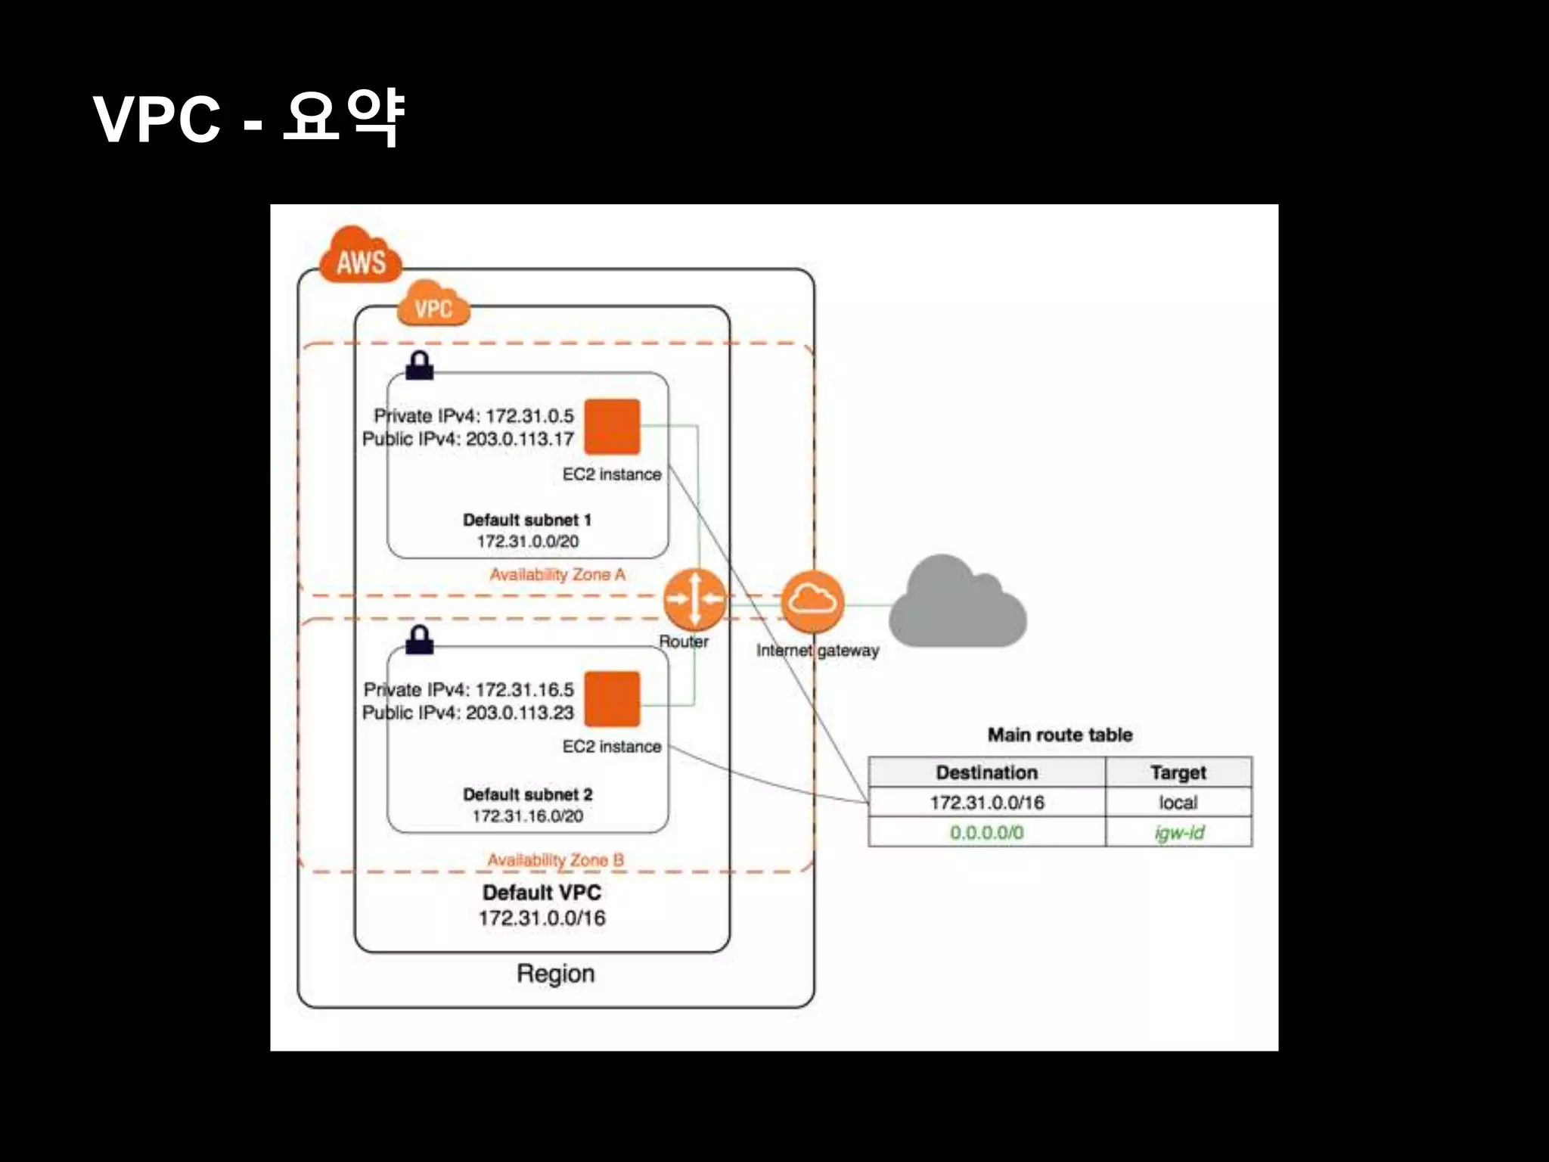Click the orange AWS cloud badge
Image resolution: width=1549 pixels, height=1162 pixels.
coord(361,257)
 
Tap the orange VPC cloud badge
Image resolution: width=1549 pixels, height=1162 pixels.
coord(433,304)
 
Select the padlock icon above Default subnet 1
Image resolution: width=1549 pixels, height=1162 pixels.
coord(420,365)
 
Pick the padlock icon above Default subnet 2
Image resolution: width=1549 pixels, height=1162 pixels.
coord(420,639)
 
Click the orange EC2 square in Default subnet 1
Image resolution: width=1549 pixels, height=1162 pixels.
coord(612,427)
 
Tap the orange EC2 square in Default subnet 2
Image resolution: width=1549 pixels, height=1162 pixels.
coord(612,699)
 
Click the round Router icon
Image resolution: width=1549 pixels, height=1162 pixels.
coord(694,599)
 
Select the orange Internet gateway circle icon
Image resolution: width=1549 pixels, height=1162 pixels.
coord(812,601)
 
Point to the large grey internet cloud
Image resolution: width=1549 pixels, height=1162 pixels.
coord(957,605)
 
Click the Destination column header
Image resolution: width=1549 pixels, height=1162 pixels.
coord(986,772)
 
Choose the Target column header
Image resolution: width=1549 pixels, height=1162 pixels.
coord(1178,772)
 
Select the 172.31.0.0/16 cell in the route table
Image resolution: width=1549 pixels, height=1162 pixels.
coord(986,803)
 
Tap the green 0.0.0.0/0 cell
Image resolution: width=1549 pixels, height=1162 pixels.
coord(986,833)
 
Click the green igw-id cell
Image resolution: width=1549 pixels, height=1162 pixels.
coord(1178,833)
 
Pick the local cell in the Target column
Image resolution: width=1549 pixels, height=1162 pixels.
coord(1178,803)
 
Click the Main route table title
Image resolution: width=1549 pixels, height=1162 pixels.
coord(1060,735)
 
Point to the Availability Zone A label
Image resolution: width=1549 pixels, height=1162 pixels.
coord(557,575)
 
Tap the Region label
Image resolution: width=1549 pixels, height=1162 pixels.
coord(555,974)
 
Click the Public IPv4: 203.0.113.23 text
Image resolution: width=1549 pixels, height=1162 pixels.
coord(467,713)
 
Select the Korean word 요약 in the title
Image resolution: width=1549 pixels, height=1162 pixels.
coord(343,118)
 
